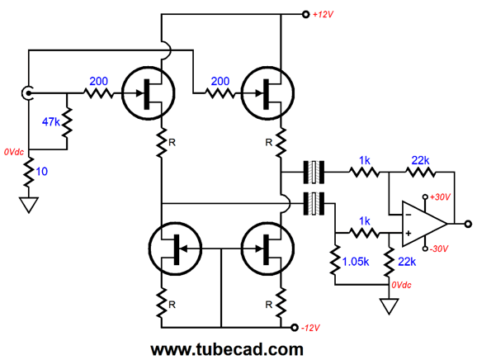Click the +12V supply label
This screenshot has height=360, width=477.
(x=323, y=14)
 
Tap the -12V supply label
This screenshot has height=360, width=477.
(x=310, y=328)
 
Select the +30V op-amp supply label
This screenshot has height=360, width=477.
(x=440, y=197)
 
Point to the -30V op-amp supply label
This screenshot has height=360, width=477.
(x=439, y=249)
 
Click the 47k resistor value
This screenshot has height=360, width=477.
(x=51, y=122)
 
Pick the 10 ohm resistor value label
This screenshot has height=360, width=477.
(x=42, y=172)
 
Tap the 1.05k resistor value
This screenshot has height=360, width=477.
(x=356, y=262)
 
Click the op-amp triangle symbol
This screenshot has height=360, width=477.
(x=424, y=224)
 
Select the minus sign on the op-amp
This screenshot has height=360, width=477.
(x=409, y=215)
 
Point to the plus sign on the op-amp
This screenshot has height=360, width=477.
(x=409, y=234)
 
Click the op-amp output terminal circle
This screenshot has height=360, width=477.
(x=468, y=224)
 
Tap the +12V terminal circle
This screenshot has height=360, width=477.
(x=305, y=14)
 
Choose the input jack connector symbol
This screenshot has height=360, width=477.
(x=26, y=93)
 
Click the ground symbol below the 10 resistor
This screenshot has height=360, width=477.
(x=29, y=205)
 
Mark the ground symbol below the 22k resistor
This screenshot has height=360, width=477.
(x=389, y=306)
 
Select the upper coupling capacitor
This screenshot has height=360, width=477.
(x=314, y=173)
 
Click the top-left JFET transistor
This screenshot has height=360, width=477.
(x=149, y=93)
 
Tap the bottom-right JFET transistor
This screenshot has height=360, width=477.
(x=267, y=249)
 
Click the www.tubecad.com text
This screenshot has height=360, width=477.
(x=227, y=349)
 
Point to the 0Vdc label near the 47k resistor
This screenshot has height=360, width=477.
(x=14, y=152)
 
